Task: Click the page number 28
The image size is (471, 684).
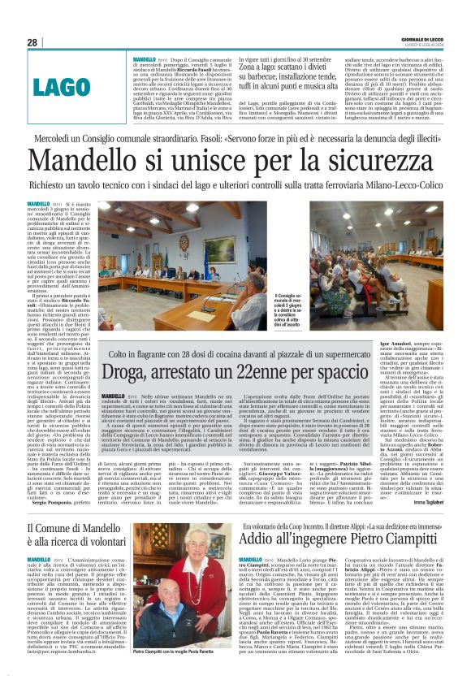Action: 32,42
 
